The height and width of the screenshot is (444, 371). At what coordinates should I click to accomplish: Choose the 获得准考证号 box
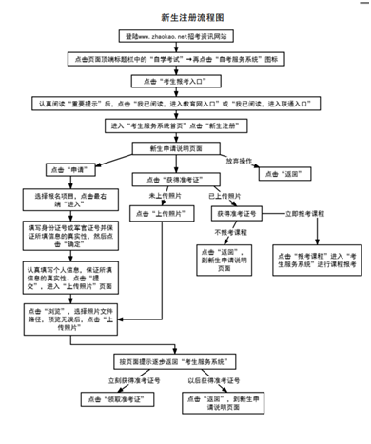237,215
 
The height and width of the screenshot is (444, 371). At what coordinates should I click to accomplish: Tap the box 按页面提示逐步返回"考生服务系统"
184,362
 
